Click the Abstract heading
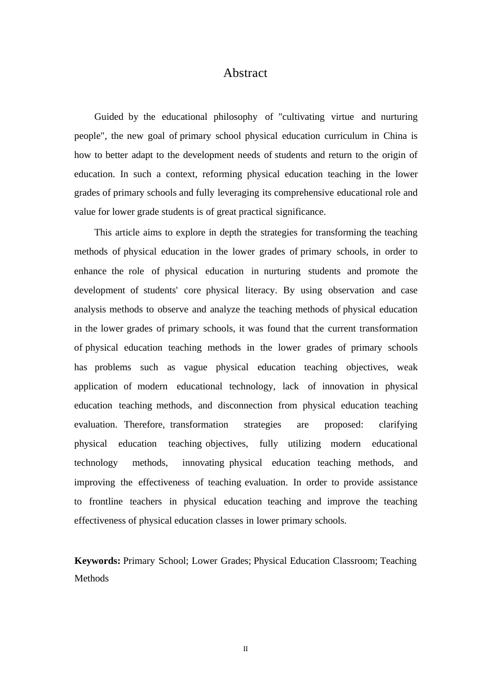(x=245, y=73)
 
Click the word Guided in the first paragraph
(x=109, y=117)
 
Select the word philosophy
(x=235, y=117)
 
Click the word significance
(x=300, y=212)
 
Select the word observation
(x=351, y=290)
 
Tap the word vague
(x=195, y=367)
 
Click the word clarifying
(x=398, y=424)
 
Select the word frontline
(x=106, y=501)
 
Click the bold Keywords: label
(x=97, y=561)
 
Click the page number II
(x=245, y=649)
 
